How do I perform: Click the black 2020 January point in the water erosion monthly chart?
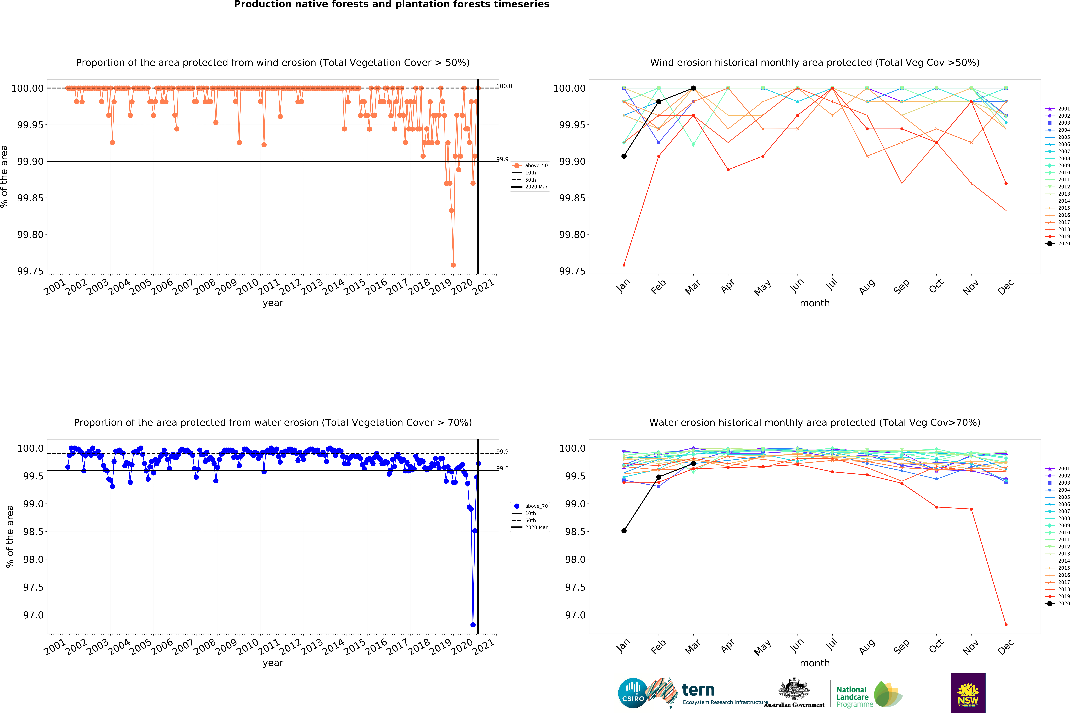coord(624,531)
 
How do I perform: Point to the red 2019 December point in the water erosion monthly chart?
coord(1006,625)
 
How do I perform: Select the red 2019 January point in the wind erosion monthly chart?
coord(624,265)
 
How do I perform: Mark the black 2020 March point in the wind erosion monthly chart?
coord(693,88)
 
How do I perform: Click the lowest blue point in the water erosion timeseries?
coord(473,625)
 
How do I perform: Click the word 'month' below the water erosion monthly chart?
coord(815,663)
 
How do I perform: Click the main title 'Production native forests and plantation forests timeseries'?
coord(392,5)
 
